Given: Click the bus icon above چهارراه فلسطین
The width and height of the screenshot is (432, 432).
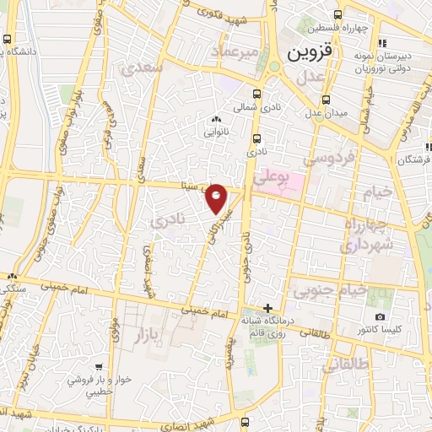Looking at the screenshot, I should [x=338, y=14].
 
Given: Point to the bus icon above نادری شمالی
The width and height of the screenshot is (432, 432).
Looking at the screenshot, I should [x=256, y=93].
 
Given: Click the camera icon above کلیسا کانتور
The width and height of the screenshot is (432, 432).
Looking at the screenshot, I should [x=380, y=316].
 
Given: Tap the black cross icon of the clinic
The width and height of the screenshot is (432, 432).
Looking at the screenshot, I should [x=268, y=308].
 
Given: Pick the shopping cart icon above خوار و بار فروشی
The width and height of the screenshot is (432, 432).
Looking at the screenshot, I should [x=100, y=367].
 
